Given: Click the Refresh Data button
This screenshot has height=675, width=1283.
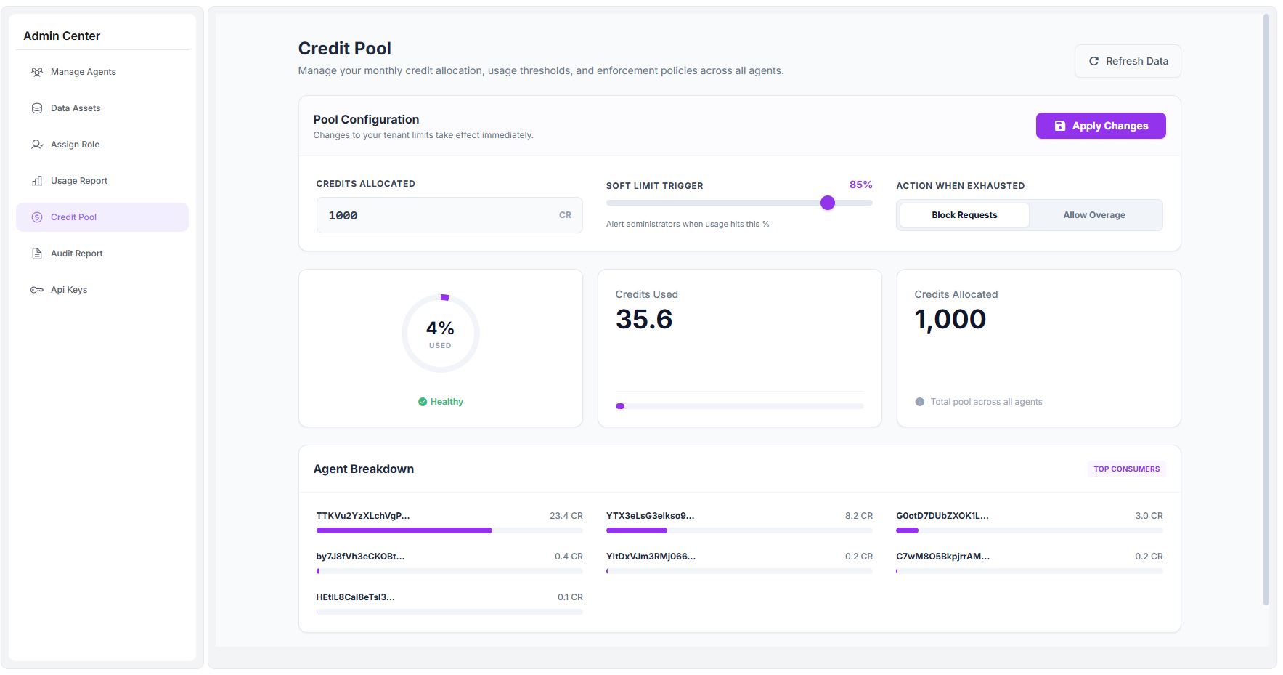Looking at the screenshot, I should [1127, 61].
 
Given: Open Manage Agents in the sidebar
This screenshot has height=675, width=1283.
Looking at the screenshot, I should [83, 72].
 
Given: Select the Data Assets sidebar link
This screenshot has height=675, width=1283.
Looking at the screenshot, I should [76, 108].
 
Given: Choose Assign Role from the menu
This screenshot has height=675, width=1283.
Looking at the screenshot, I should [75, 145].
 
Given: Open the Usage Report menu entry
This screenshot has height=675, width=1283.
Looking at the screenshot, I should [78, 181].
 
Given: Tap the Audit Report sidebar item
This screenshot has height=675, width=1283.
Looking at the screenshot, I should [76, 254].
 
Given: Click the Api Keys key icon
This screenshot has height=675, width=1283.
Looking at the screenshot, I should [37, 290].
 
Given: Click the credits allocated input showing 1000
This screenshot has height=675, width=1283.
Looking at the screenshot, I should [436, 215].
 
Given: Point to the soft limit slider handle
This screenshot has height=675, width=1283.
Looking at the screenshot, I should [827, 203].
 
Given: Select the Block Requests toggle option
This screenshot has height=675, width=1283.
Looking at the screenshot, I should [964, 215].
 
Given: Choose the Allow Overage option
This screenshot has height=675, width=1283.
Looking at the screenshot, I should [1093, 215].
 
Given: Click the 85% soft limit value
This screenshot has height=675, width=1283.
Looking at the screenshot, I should [860, 185].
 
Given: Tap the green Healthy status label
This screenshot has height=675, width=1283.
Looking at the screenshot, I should [446, 402].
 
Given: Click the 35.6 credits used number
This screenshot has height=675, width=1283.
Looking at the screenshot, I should [644, 319].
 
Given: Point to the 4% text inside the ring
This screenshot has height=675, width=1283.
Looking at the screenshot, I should [440, 328].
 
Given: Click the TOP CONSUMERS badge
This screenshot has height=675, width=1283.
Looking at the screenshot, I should [1126, 469].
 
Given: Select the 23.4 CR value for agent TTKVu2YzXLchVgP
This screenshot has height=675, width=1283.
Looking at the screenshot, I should [566, 516].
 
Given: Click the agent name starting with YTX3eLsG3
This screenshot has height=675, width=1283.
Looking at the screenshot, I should [650, 516].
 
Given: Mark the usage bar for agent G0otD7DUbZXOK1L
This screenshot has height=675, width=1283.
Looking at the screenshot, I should [1029, 530].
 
